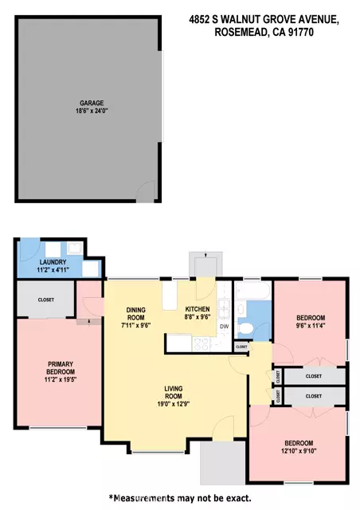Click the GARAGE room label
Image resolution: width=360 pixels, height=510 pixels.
(x=92, y=103)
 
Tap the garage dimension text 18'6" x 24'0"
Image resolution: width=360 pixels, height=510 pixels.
(x=92, y=111)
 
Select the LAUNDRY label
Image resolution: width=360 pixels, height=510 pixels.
(x=53, y=262)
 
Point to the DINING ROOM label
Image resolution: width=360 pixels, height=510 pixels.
(x=136, y=314)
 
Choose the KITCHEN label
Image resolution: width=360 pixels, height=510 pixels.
(x=198, y=309)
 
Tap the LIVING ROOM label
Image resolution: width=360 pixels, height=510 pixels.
(x=174, y=392)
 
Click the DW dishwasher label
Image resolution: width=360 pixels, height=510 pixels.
(x=225, y=327)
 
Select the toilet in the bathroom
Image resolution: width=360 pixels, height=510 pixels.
(x=245, y=328)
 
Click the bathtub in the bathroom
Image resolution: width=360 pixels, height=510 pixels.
(x=252, y=291)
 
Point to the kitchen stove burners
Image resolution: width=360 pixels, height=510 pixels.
(x=201, y=344)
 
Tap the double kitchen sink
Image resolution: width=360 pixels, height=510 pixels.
(x=224, y=308)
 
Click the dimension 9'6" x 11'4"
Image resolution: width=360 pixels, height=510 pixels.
(x=311, y=325)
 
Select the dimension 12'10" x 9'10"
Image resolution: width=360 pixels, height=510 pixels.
(x=299, y=451)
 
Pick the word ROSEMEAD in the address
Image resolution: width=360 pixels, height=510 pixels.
(x=241, y=32)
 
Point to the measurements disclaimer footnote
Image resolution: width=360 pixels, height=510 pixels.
(x=180, y=498)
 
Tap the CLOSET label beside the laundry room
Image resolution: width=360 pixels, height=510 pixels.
(x=46, y=300)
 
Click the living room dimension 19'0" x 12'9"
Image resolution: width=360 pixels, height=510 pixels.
(x=174, y=404)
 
